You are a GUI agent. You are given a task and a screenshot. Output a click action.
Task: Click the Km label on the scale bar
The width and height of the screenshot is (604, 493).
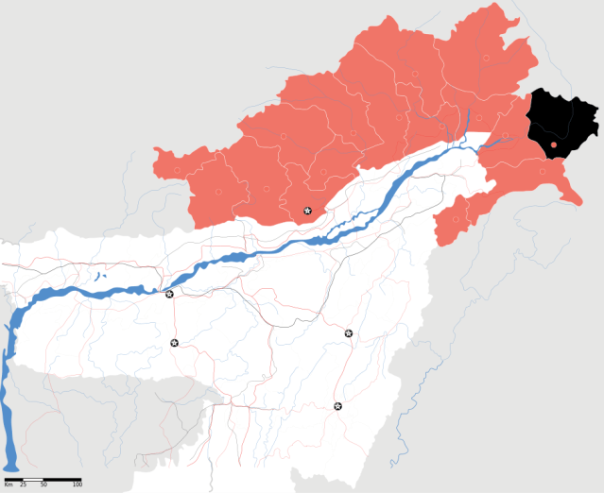coord(9,484)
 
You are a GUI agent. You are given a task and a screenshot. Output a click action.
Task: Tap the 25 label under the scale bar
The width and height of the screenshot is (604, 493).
coord(23,484)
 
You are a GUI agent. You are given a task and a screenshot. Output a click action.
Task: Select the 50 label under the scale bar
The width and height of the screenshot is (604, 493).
coord(43,484)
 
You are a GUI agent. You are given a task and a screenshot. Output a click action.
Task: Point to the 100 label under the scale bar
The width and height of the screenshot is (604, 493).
coord(78,484)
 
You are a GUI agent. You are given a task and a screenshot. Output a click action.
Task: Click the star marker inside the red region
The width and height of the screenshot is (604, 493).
coord(307,210)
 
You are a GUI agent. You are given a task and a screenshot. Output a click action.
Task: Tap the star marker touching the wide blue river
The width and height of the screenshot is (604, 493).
coord(169,294)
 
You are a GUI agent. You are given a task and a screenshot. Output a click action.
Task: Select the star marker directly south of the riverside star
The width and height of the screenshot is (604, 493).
coord(174,342)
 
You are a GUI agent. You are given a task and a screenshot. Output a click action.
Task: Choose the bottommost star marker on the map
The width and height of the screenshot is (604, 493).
coord(337,406)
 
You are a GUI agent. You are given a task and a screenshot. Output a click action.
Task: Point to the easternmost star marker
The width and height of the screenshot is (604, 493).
coord(349,333)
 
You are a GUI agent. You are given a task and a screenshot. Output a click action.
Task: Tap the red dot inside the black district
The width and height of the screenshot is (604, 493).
coord(554,144)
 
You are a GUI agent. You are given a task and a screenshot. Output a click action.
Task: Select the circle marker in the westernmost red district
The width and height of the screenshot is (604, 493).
coord(217,192)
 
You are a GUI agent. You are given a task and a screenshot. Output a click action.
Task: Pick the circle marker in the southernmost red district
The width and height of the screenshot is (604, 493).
coord(456,219)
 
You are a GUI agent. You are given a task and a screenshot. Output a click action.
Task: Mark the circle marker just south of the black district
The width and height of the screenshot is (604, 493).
coord(543,171)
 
